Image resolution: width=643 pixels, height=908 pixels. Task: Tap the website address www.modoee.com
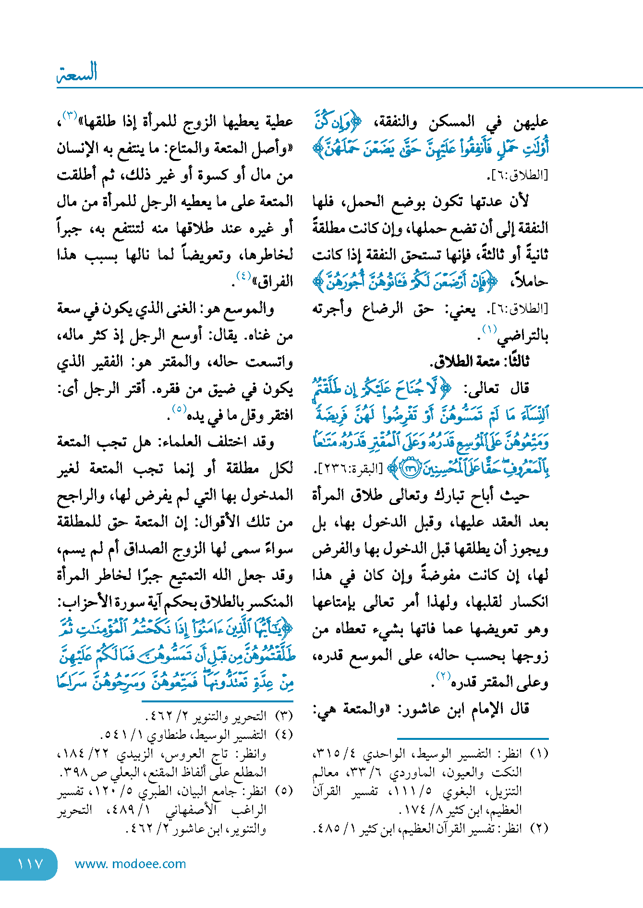click(130, 864)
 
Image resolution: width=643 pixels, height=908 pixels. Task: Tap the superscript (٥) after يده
click(179, 409)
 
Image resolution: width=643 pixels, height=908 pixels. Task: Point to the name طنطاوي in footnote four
click(171, 735)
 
